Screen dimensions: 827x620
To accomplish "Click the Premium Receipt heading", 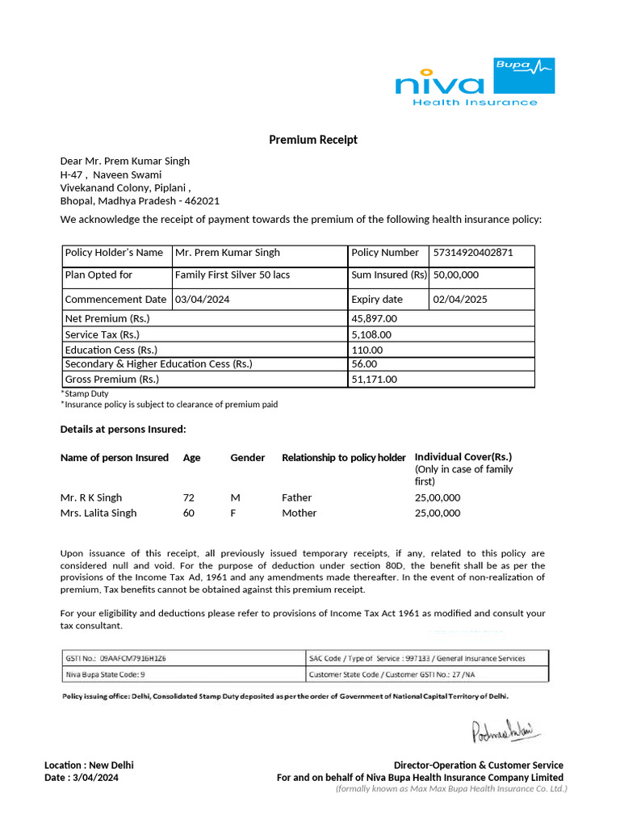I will [313, 140].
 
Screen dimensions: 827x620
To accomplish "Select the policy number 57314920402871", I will [473, 253].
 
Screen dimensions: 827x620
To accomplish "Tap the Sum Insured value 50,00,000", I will [456, 275].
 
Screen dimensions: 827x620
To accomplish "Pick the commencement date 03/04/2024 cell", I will [203, 300].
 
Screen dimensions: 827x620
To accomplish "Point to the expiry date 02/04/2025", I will [460, 300].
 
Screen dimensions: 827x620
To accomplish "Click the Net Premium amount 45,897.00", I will [375, 319].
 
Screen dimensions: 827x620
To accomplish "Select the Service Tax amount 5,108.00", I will [371, 334].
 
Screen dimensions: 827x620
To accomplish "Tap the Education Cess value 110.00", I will [367, 350].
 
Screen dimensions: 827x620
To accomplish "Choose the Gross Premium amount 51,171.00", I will [375, 379].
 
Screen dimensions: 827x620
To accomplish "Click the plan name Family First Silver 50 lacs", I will [232, 275].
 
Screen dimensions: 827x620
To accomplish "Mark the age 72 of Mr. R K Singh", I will [189, 497].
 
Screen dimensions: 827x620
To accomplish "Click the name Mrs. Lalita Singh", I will [98, 513].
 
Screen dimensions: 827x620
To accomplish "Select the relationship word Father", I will [296, 497].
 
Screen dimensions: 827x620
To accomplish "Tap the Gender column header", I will [248, 458].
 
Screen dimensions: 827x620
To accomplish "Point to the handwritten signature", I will [506, 732].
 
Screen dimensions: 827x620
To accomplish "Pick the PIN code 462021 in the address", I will [203, 201].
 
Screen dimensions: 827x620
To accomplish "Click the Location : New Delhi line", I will [89, 765].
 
